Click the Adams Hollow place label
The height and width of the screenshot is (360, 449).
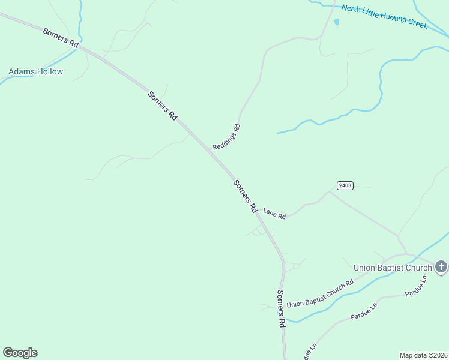coord(35,72)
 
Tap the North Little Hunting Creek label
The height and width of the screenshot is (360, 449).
coord(384,16)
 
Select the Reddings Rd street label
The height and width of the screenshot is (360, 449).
coord(226,137)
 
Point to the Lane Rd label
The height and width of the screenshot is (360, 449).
coord(274,213)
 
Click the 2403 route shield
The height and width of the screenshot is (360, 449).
coord(345,185)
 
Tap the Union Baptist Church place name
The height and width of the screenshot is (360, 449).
coord(393,268)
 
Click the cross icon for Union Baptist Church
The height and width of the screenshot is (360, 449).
coord(441,266)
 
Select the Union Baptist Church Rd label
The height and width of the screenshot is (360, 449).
coord(319,294)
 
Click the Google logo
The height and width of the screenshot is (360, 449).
coord(20,353)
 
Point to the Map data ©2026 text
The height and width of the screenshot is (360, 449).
coord(423,355)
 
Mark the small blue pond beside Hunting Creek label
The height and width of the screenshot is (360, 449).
coord(336,22)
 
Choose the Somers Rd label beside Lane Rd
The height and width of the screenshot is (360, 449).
coord(245,197)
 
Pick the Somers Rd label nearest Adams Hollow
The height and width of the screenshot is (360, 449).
coord(61,37)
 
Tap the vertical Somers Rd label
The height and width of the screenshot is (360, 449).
coord(280,308)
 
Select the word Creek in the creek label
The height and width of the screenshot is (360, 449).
coord(416,23)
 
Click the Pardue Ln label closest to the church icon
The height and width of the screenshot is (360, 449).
coord(415,287)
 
